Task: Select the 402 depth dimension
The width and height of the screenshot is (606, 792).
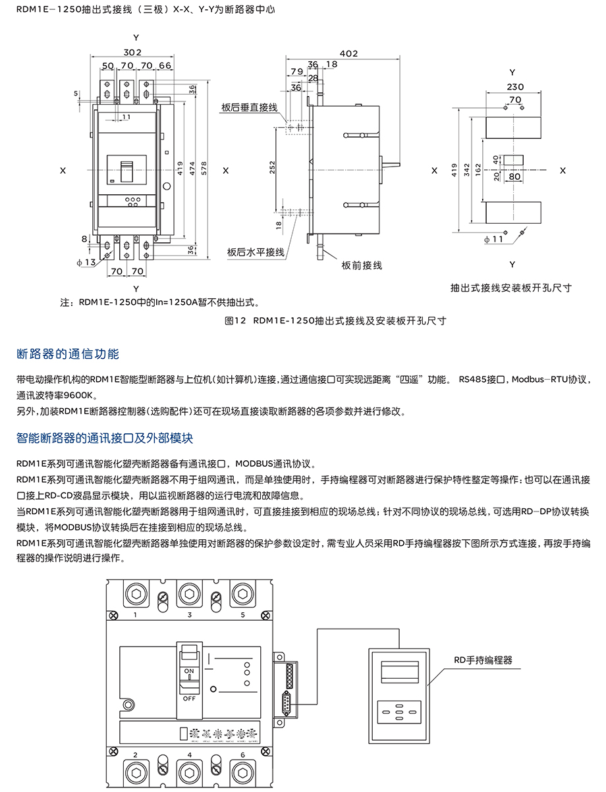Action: pyautogui.click(x=348, y=53)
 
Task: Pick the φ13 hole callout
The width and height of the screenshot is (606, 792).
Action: pyautogui.click(x=86, y=262)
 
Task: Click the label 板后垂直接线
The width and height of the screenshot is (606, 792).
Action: pyautogui.click(x=250, y=106)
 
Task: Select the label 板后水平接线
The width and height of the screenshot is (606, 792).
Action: pyautogui.click(x=256, y=252)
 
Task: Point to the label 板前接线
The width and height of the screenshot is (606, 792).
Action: pyautogui.click(x=362, y=265)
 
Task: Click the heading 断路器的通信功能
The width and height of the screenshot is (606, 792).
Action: pyautogui.click(x=68, y=354)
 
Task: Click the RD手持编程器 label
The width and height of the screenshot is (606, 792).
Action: pyautogui.click(x=483, y=660)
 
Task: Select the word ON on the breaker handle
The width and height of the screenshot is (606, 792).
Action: pyautogui.click(x=188, y=672)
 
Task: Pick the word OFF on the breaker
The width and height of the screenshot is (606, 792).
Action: pyautogui.click(x=189, y=698)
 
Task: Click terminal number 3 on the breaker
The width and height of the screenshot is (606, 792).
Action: pyautogui.click(x=190, y=615)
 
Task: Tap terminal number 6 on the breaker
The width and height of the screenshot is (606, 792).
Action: pyautogui.click(x=242, y=754)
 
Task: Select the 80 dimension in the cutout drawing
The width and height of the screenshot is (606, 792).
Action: pyautogui.click(x=515, y=176)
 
